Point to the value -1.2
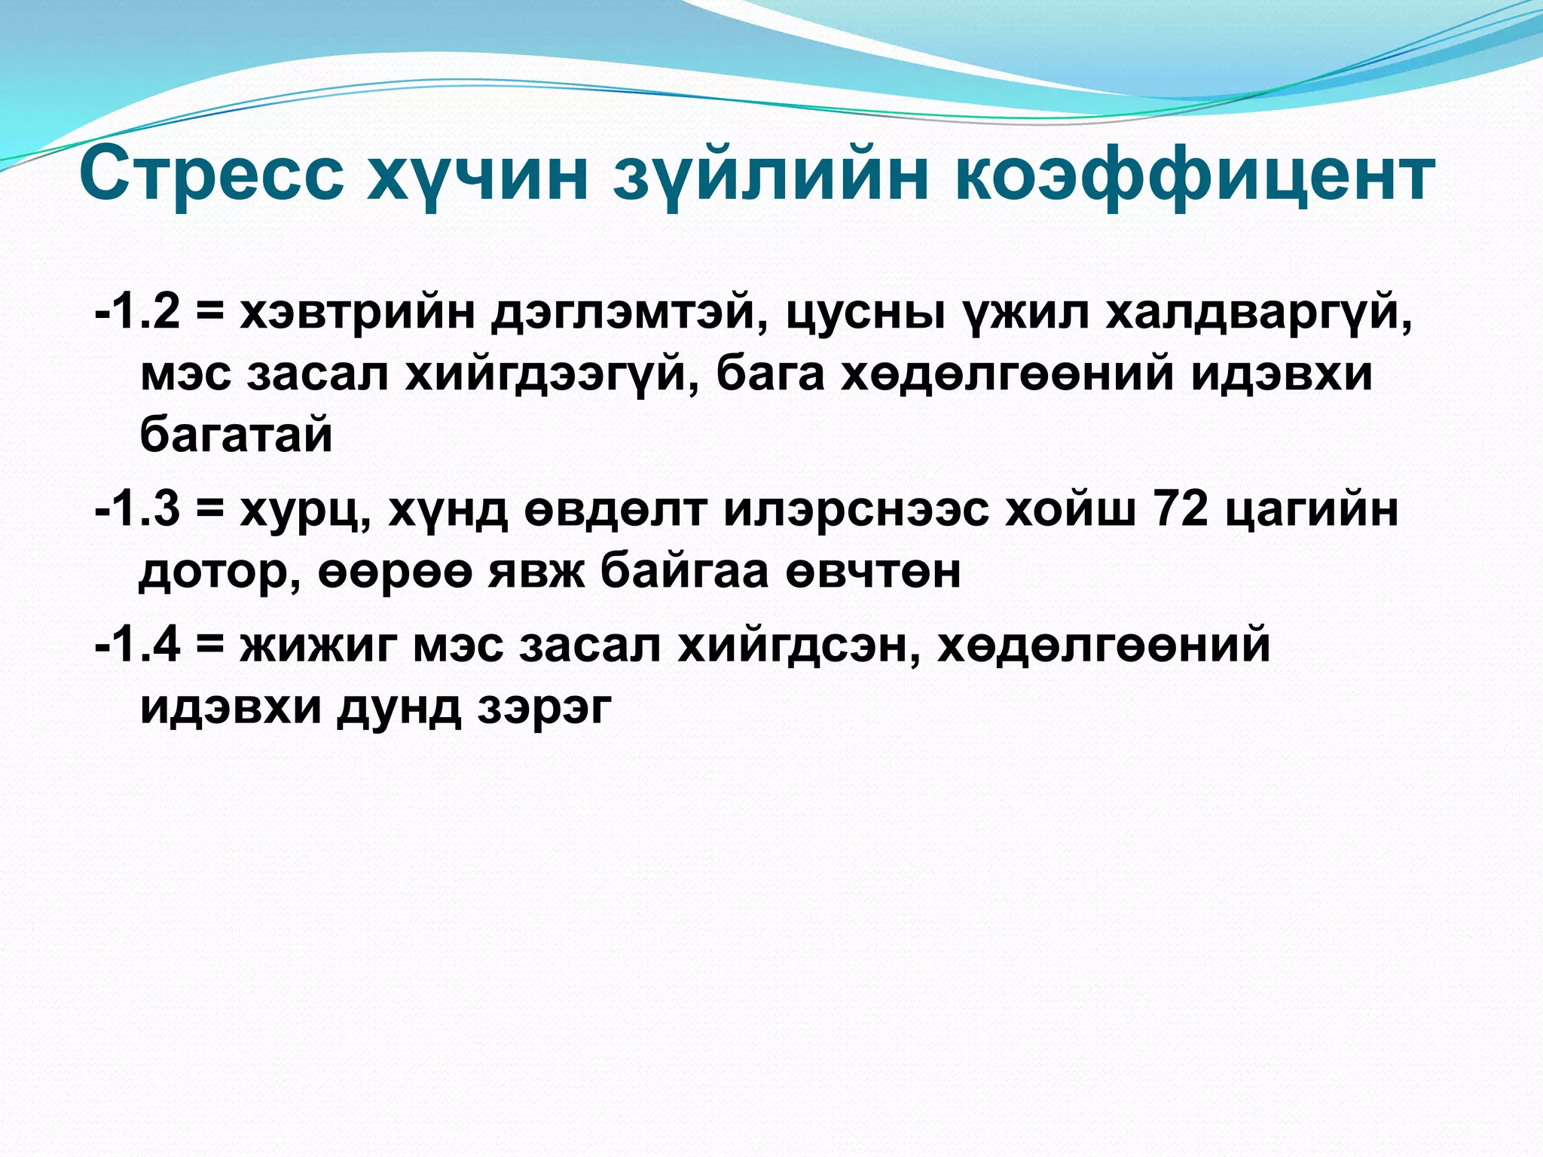click(x=138, y=312)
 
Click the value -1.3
click(x=138, y=509)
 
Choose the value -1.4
click(x=138, y=645)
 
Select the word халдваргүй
click(x=1258, y=312)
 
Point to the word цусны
click(x=866, y=312)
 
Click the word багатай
click(x=236, y=435)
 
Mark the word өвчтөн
click(x=873, y=571)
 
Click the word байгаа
click(x=683, y=571)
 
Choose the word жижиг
click(x=318, y=645)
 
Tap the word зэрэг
click(x=544, y=707)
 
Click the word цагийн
click(x=1312, y=509)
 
